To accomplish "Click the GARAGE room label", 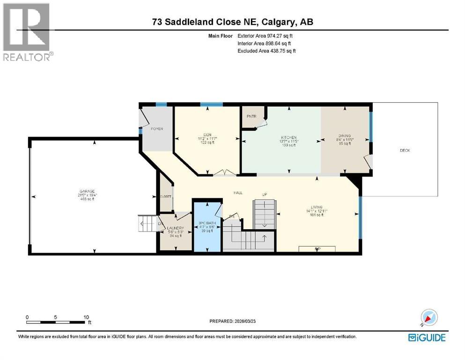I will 87,191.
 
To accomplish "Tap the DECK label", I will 405,150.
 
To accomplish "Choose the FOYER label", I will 157,128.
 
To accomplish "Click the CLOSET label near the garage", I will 166,196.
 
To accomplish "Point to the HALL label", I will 238,193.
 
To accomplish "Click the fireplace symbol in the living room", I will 317,248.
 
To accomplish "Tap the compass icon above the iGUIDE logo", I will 429,318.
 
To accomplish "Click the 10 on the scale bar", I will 86,317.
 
